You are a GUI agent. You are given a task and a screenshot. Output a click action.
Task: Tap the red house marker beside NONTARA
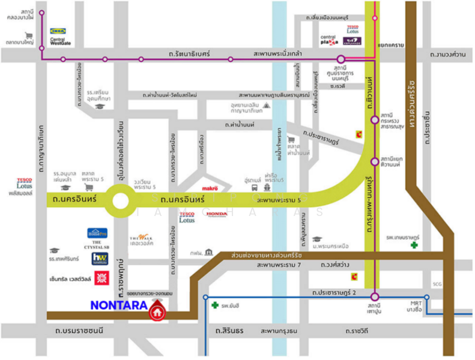[157, 312]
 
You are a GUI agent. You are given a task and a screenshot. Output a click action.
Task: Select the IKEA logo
[58, 31]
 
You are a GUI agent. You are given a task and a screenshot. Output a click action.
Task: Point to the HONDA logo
[217, 214]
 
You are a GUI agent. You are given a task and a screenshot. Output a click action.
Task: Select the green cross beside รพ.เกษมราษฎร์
[413, 245]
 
